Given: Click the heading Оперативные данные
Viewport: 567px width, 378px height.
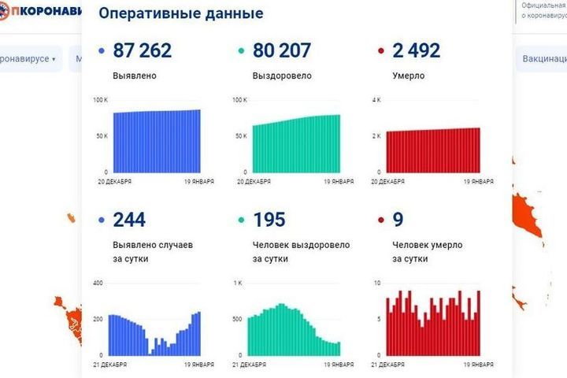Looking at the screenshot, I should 181,14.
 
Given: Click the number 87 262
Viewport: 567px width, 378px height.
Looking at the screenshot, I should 142,51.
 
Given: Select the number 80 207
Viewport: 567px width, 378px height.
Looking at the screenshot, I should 282,51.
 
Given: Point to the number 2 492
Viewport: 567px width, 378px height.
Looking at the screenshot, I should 416,51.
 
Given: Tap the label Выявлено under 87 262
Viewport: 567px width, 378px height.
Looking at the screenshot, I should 135,76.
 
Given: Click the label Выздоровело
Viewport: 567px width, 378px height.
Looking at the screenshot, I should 282,76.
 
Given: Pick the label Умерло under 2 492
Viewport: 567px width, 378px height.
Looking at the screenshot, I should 409,76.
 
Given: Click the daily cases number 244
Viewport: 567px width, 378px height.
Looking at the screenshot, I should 130,220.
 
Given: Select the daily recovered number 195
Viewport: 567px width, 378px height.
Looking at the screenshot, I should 269,220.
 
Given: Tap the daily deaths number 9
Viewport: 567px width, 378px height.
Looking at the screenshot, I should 397,220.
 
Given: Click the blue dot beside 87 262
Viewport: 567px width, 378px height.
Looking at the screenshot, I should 102,52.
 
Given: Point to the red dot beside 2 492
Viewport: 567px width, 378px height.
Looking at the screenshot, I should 381,52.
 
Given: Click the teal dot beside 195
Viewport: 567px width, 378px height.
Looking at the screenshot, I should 242,220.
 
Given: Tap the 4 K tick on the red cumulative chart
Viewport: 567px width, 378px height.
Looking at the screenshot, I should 376,100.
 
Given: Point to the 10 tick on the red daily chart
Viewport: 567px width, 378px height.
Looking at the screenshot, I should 378,283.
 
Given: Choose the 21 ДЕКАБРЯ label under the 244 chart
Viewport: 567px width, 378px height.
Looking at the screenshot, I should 113,365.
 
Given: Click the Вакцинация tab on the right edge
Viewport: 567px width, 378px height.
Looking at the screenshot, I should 543,59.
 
